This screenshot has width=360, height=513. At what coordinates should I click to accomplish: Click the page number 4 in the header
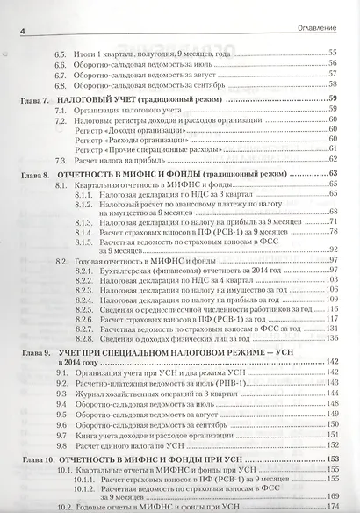pyautogui.click(x=22, y=33)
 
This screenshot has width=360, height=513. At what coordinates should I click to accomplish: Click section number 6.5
pyautogui.click(x=60, y=54)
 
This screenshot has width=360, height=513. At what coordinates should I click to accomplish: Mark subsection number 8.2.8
pyautogui.click(x=84, y=337)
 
